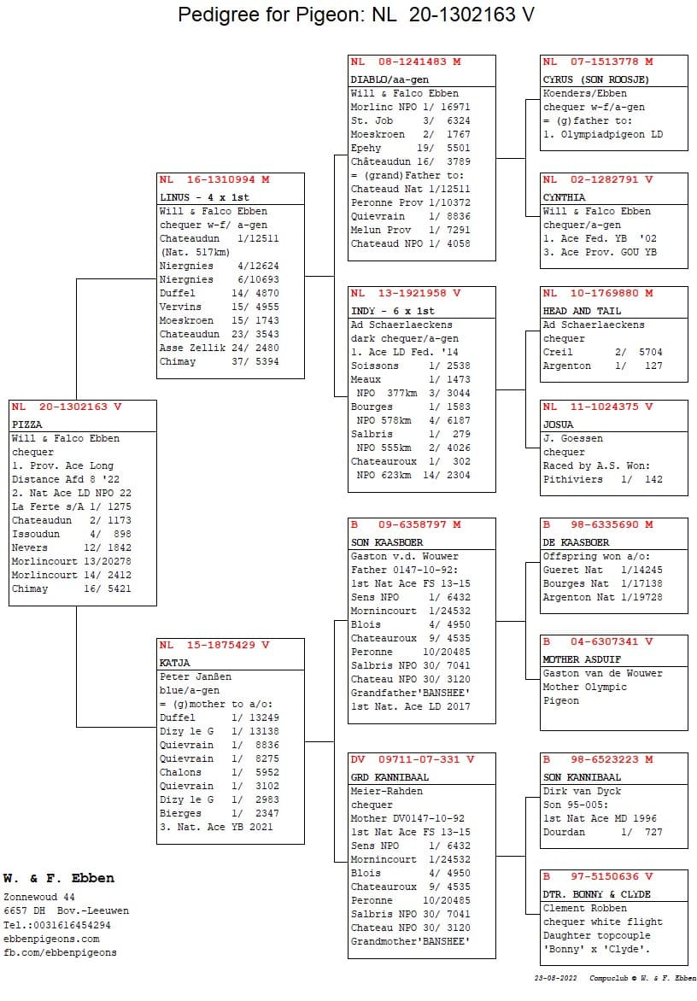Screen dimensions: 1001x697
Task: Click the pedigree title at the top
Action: (x=356, y=15)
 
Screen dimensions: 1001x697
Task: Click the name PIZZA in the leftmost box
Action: (x=27, y=424)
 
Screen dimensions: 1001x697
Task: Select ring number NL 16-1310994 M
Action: (x=214, y=180)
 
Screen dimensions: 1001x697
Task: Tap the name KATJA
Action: (x=175, y=663)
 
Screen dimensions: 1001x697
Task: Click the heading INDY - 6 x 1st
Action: (x=393, y=311)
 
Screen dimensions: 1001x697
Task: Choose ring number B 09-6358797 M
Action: (x=406, y=524)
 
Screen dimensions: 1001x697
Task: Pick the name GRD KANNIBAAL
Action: (x=389, y=777)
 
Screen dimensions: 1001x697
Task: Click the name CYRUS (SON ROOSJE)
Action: (x=596, y=79)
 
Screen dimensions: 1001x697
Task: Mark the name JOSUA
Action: (x=559, y=424)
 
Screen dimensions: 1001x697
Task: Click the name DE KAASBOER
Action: (x=577, y=542)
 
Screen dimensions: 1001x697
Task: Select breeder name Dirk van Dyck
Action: (x=583, y=791)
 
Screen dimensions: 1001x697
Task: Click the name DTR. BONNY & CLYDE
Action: (x=597, y=894)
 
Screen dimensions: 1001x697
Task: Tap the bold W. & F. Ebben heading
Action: (x=58, y=878)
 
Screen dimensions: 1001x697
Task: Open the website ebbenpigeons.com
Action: (x=51, y=939)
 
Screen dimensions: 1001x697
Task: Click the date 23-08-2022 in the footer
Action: (x=556, y=978)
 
